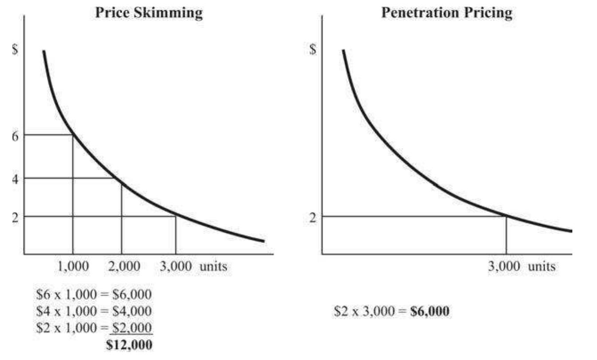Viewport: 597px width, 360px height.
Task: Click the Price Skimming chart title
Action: [149, 13]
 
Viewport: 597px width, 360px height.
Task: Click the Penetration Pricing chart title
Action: [447, 13]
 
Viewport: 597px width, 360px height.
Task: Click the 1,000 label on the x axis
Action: [73, 266]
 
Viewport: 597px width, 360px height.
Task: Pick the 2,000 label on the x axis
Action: [124, 266]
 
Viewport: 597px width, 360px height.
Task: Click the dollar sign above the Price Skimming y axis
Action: [15, 49]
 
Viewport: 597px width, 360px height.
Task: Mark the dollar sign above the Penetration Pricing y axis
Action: [313, 49]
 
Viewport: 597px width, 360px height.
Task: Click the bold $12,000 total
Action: [129, 344]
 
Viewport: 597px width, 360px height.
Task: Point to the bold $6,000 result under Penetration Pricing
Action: [430, 311]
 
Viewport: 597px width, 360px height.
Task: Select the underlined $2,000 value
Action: [132, 328]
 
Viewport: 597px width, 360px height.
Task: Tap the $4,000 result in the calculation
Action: [132, 311]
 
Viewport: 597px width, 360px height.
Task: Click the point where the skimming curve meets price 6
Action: [73, 135]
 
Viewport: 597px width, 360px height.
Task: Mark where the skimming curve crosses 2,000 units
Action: [122, 183]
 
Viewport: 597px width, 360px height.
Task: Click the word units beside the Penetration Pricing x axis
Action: [541, 266]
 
